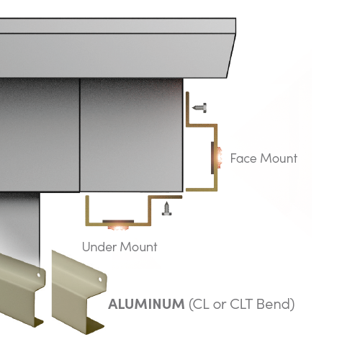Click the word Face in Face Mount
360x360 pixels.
[x=244, y=158]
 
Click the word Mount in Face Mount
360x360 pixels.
[x=279, y=158]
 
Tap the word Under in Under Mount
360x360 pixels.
[x=99, y=247]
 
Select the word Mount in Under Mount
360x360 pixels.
[x=138, y=247]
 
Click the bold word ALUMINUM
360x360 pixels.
[x=146, y=304]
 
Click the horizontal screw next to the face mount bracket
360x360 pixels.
[x=199, y=108]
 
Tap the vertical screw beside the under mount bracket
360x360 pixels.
[x=166, y=209]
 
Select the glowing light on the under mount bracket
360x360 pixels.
[x=118, y=228]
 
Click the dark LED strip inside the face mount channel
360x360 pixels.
[x=212, y=158]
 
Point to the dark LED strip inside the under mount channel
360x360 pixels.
[x=118, y=221]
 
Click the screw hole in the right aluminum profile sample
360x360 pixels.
[x=100, y=279]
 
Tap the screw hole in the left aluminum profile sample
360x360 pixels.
[x=39, y=275]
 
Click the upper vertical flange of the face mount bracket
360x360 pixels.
[x=188, y=109]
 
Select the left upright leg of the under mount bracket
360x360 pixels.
[x=87, y=210]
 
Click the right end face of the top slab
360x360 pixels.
[x=231, y=48]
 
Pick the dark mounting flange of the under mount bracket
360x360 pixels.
[x=166, y=197]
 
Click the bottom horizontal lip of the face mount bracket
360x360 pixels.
[x=202, y=190]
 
